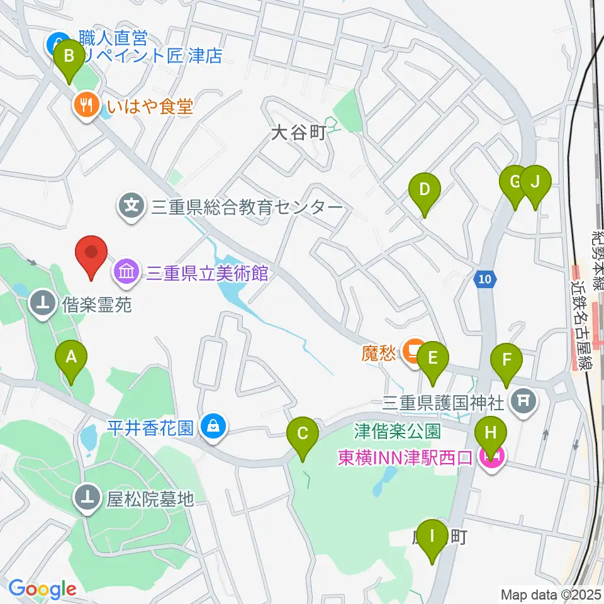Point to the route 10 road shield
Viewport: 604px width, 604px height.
click(x=483, y=279)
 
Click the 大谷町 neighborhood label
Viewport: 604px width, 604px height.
click(x=298, y=133)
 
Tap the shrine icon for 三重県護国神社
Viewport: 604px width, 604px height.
click(x=523, y=398)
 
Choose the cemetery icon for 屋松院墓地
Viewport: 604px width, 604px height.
click(x=87, y=498)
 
